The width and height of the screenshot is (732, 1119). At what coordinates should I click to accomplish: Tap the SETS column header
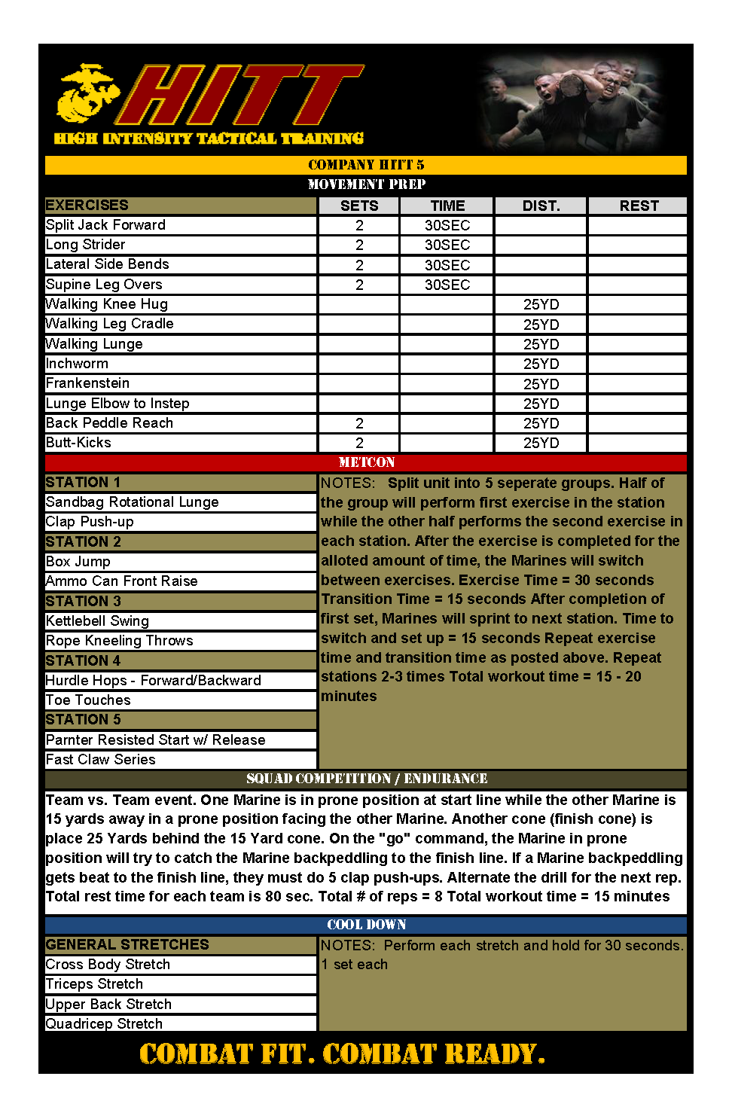359,206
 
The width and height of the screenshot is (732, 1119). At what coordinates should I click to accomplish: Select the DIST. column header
541,206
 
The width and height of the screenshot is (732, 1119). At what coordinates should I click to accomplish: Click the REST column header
638,206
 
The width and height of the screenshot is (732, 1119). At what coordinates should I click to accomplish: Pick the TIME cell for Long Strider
447,245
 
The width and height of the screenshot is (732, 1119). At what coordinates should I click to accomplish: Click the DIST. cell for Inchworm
541,364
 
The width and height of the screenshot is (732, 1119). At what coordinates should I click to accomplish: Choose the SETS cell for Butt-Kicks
359,443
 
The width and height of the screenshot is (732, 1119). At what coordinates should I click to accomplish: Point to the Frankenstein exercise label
87,383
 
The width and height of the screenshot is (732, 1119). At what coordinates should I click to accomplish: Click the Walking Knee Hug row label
107,304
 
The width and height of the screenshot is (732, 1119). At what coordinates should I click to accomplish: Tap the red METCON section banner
366,462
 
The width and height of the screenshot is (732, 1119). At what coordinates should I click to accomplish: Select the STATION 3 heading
83,601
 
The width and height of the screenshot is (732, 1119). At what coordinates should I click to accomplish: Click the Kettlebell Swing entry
97,621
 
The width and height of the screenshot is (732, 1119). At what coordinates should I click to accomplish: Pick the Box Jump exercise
78,562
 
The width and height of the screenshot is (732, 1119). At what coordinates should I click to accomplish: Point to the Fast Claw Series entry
101,760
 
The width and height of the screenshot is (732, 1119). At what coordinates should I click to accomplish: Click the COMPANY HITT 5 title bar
366,165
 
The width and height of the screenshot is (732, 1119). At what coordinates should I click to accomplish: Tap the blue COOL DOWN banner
366,925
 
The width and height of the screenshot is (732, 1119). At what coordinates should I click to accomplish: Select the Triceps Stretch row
94,984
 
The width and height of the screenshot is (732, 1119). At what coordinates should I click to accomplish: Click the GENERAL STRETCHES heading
127,944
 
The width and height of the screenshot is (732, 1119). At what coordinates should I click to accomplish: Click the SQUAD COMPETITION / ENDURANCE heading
366,779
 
